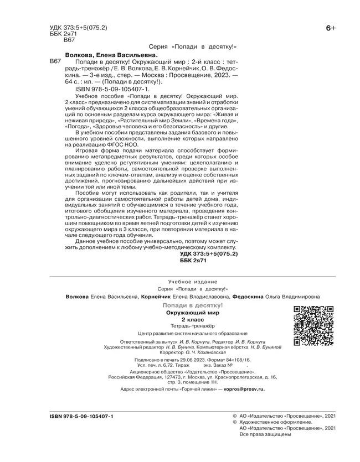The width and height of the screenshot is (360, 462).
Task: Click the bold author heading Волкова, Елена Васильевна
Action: (x=111, y=55)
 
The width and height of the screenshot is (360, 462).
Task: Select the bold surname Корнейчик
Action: (x=159, y=297)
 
